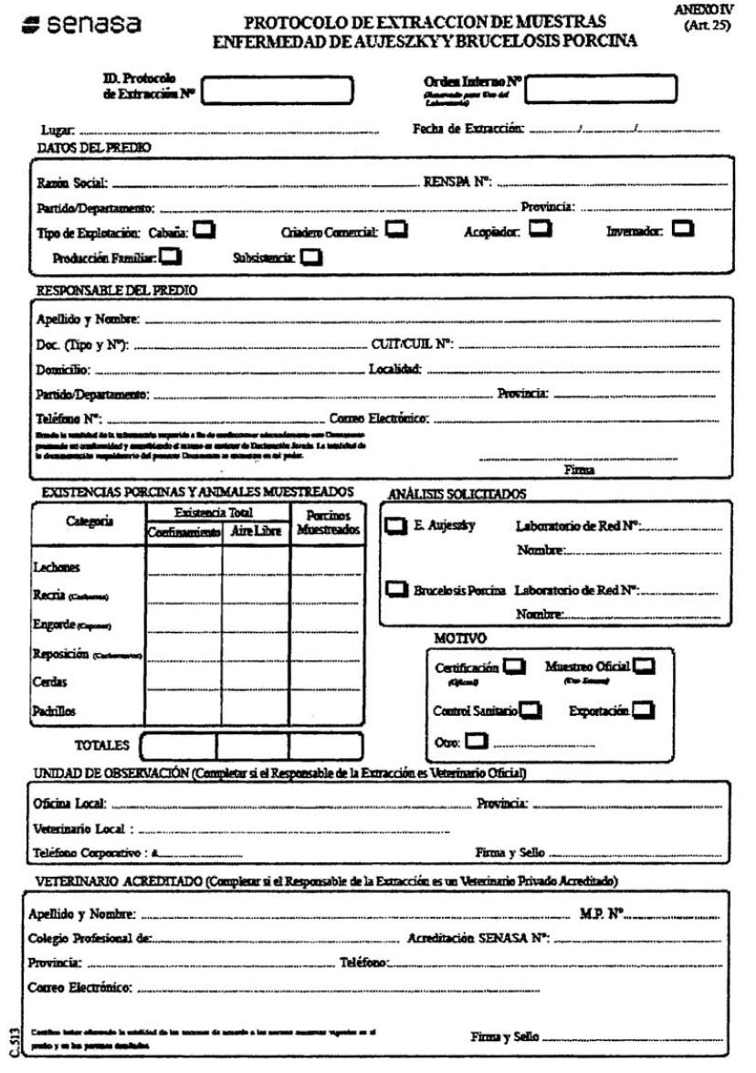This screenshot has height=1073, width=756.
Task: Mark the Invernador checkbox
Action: click(x=682, y=230)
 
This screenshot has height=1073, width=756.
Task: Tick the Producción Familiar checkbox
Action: click(x=171, y=258)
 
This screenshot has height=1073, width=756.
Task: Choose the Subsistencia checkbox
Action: click(x=311, y=258)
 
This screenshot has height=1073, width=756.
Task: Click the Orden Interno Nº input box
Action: click(x=601, y=89)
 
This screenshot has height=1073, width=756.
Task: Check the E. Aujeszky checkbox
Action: click(x=396, y=526)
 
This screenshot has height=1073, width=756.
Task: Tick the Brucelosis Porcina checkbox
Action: click(x=396, y=590)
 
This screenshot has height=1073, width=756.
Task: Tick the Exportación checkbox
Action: click(x=645, y=710)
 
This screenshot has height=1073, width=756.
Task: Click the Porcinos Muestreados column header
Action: click(x=327, y=522)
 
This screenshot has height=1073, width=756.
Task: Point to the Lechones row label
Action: click(x=54, y=567)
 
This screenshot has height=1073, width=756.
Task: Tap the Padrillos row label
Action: click(x=54, y=710)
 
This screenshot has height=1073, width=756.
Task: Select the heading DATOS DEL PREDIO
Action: click(x=94, y=147)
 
